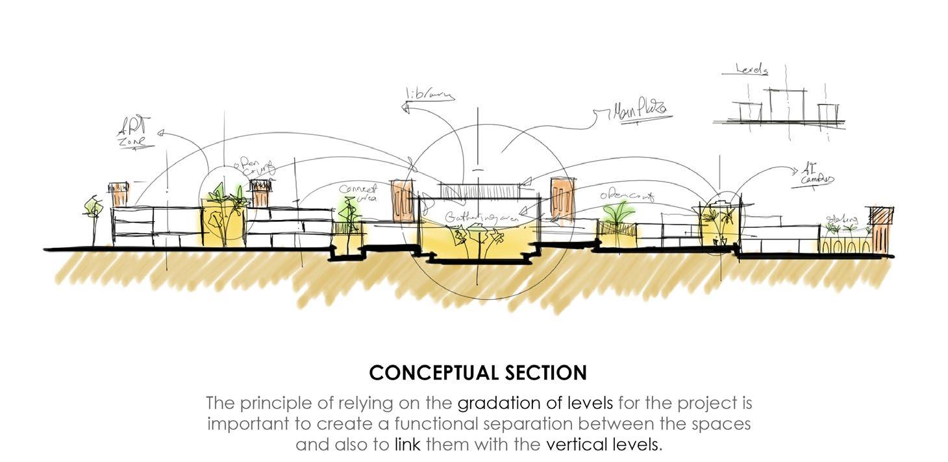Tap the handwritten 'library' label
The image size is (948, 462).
tap(429, 95)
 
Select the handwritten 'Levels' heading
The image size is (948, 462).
tap(752, 69)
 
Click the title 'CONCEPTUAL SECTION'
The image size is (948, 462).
tap(478, 373)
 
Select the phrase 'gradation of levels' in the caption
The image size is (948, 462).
tap(535, 403)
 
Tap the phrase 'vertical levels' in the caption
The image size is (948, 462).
tap(603, 445)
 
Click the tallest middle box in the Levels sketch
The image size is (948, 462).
tap(788, 105)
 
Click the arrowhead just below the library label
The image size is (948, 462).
tap(407, 110)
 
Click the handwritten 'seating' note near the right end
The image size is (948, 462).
tap(842, 220)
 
